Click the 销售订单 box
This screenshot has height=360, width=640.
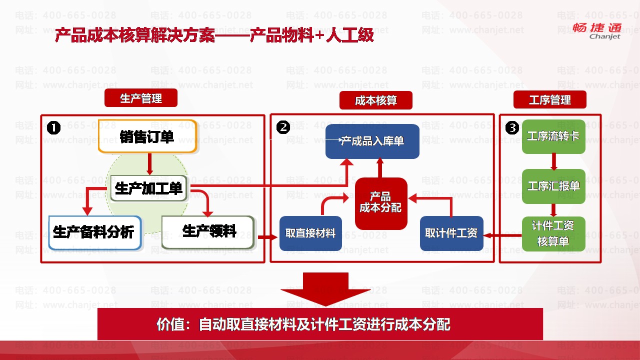[x=147, y=136]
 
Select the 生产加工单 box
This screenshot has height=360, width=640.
[x=148, y=188]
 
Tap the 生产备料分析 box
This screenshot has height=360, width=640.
[x=95, y=232]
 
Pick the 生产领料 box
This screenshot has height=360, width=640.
[x=208, y=232]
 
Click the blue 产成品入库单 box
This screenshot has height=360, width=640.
[x=372, y=141]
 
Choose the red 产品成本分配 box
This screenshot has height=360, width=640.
[x=381, y=203]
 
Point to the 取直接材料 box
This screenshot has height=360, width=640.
[x=310, y=233]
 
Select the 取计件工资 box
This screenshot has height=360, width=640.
[x=451, y=233]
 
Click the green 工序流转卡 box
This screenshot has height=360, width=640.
[x=553, y=136]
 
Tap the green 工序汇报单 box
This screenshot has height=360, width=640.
[x=553, y=186]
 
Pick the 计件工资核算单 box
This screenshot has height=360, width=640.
[x=553, y=233]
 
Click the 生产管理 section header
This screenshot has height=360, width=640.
[x=141, y=98]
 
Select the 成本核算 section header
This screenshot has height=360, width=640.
[x=376, y=100]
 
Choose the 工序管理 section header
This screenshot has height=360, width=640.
[x=550, y=100]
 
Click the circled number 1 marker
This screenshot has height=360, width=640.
[x=53, y=128]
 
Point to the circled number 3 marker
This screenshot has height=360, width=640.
[x=512, y=128]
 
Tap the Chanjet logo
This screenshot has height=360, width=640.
[x=604, y=30]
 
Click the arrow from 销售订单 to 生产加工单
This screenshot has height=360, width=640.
[x=149, y=163]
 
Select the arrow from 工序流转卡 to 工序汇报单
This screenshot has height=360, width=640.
[x=554, y=161]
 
